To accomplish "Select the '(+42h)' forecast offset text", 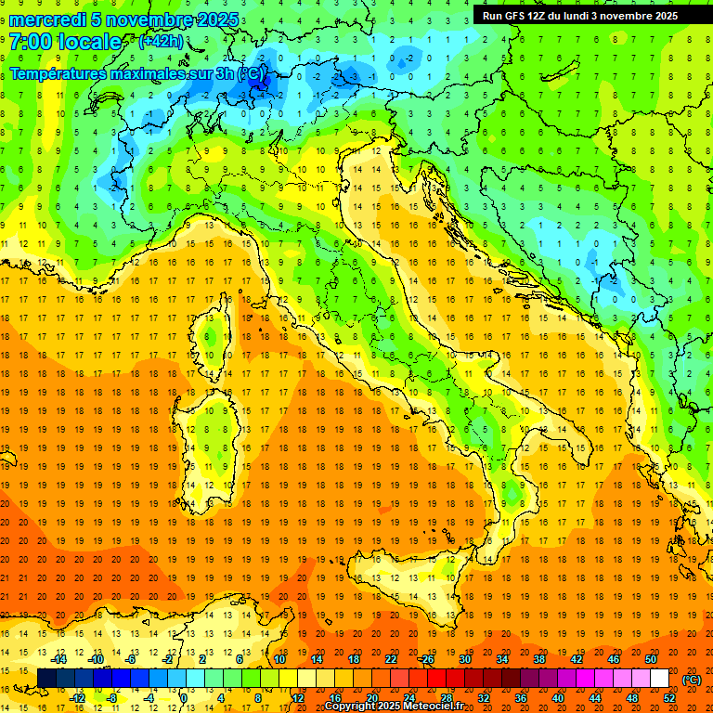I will click(x=161, y=42).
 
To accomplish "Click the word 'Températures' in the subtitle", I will click(x=65, y=73).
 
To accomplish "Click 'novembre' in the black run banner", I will click(x=631, y=16).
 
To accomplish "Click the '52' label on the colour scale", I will click(x=669, y=698).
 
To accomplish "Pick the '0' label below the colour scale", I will click(x=184, y=698).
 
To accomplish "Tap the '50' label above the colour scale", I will click(x=651, y=659).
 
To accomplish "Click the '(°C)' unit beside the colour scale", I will click(x=692, y=680).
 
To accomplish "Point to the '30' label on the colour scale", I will click(x=465, y=659).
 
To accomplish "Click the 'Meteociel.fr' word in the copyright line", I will click(x=441, y=707).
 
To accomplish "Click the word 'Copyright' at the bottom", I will click(x=351, y=707).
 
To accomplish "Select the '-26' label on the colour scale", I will click(x=426, y=659).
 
